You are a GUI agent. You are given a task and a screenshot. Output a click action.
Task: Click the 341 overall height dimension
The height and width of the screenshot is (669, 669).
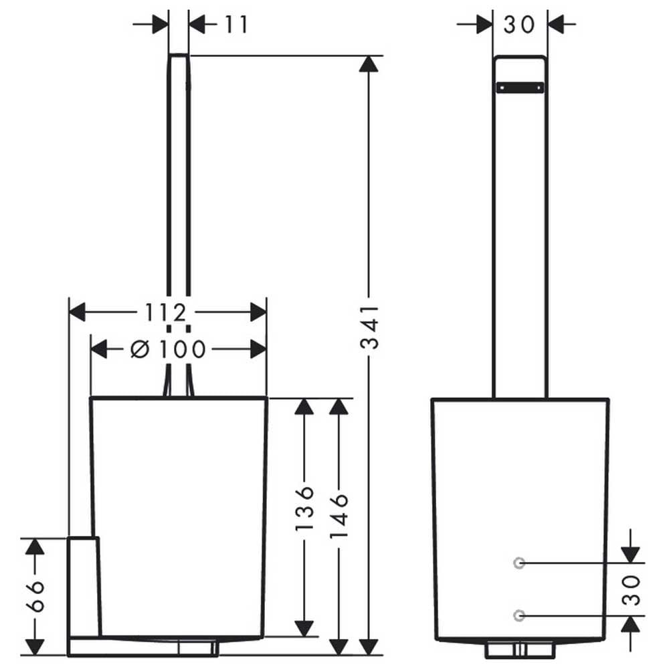pos(369,327)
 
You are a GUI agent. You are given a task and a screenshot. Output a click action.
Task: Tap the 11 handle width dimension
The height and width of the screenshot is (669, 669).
pos(236,24)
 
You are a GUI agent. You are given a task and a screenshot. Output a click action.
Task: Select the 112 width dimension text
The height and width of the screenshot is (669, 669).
pos(166,312)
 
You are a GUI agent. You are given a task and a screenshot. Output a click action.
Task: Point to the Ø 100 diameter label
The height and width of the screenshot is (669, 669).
pos(168,349)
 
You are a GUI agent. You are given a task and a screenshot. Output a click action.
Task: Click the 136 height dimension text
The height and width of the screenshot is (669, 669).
pos(304,508)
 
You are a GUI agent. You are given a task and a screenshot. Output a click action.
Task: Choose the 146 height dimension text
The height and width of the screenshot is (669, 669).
pos(340,515)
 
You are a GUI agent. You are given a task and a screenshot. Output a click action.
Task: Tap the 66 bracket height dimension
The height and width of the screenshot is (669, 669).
pos(35,596)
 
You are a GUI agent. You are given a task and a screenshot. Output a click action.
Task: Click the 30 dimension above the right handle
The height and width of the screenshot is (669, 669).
pos(519,25)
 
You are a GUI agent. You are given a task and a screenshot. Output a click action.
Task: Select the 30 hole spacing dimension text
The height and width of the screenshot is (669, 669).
pos(632,590)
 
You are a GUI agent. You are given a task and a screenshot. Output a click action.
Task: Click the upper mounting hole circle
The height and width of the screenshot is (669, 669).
pos(519,563)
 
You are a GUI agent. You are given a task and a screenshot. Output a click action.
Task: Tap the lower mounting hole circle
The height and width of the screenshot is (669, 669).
pos(519,615)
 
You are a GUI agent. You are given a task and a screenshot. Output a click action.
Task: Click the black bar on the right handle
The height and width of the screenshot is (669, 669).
pos(520,88)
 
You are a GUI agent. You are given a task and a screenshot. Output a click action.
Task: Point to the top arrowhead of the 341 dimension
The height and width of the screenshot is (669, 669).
pos(369,64)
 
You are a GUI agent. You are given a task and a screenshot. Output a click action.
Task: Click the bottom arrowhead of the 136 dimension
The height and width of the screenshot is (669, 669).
pos(304,629)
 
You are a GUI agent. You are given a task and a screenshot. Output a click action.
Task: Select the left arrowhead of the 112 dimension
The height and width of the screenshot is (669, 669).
pos(77,312)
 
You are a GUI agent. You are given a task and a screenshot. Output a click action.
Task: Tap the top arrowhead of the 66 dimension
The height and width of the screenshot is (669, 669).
pos(35,547)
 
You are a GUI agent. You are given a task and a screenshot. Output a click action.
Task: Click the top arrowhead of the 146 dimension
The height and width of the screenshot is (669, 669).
pos(339,406)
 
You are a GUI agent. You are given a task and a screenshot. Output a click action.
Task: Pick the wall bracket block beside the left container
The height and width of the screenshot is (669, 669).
pos(84,587)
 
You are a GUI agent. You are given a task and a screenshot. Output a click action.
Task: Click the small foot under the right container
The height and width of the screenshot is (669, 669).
pos(520,649)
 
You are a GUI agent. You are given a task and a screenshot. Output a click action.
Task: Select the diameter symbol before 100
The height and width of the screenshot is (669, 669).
pos(140,349)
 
